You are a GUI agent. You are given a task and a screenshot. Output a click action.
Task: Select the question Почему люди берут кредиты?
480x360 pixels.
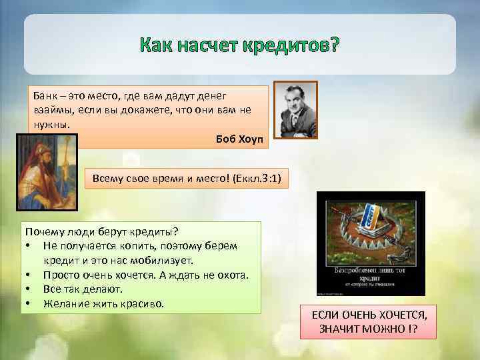click(x=101, y=231)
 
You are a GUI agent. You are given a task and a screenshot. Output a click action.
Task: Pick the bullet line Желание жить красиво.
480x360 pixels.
click(x=103, y=304)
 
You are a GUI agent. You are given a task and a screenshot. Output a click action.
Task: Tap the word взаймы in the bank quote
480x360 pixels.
click(x=50, y=110)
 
